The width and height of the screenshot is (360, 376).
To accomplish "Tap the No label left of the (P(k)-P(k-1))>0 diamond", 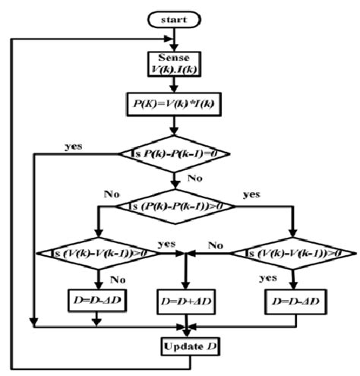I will [x=114, y=194].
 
